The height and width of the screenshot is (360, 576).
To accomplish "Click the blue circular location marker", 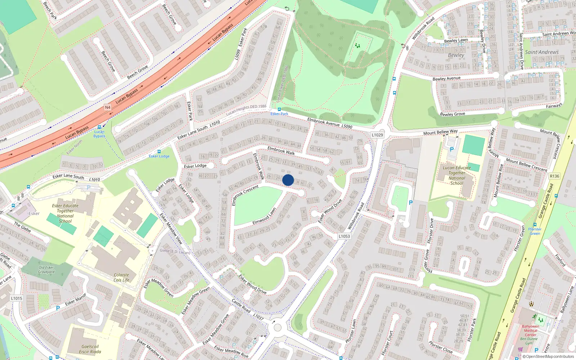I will click(288, 180).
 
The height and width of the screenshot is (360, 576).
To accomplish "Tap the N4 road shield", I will click(108, 107).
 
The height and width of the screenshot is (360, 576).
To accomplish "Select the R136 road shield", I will click(554, 176).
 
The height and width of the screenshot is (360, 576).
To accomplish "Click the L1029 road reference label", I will click(377, 135).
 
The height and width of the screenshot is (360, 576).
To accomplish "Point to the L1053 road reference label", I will click(344, 236).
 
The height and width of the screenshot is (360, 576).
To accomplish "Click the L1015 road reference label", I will click(17, 298).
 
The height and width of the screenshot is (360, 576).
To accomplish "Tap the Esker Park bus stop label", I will click(279, 114).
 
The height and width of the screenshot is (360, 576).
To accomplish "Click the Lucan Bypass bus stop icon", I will click(100, 127).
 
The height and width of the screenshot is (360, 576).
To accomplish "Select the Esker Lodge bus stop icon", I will click(159, 152).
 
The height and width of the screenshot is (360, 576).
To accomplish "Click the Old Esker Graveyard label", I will click(46, 270).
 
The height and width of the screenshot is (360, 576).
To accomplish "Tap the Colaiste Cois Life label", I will click(121, 277).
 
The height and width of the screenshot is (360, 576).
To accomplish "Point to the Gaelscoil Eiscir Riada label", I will click(90, 349).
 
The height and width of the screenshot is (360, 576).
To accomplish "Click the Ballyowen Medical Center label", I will click(531, 330).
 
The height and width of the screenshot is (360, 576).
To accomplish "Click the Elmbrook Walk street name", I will click(281, 150).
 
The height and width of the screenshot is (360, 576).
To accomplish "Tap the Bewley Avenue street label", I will click(446, 78).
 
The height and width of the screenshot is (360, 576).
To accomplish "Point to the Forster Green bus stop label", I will click(535, 231).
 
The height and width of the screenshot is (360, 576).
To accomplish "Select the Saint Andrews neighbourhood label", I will click(542, 52).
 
